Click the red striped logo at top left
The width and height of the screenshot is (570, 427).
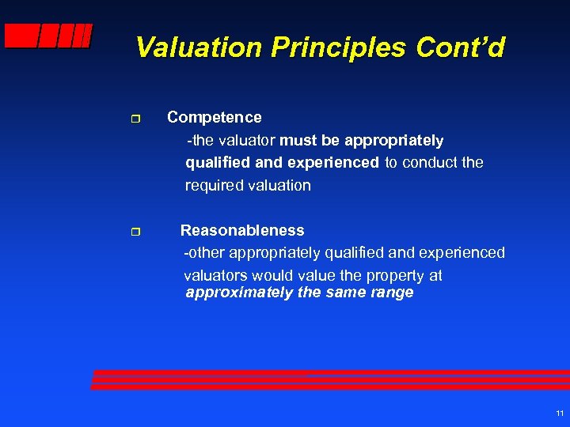[x=48, y=36]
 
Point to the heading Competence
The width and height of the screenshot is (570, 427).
[x=214, y=117]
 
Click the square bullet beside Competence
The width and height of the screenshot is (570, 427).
[x=135, y=118]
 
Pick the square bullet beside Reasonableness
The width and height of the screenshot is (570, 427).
[x=135, y=232]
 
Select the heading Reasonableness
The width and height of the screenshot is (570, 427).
[x=242, y=230]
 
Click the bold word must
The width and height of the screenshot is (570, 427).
[x=298, y=140]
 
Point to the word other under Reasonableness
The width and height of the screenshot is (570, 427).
[x=208, y=253]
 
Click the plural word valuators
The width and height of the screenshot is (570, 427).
[x=215, y=275]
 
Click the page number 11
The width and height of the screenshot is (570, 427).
[x=560, y=414]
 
